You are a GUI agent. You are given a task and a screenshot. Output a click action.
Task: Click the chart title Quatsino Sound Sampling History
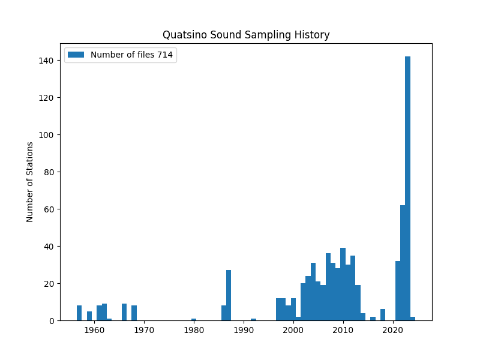coord(246,35)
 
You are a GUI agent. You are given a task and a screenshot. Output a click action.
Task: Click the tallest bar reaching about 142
coord(407,188)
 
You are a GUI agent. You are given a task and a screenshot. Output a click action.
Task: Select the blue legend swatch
coord(76,55)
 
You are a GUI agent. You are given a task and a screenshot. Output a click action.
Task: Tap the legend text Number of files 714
coord(131,55)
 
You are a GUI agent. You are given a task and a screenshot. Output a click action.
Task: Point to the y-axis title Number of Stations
coord(29,182)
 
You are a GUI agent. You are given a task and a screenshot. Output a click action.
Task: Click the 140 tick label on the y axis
coord(46,61)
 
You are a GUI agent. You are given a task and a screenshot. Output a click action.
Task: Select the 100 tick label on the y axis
coord(46,135)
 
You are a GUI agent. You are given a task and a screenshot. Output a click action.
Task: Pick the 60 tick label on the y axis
coord(49,209)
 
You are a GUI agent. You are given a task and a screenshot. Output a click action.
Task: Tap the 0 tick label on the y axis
coord(52,321)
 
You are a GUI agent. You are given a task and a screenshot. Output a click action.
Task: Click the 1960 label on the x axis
coord(94,331)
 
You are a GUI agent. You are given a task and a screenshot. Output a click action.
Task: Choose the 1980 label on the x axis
coord(194,331)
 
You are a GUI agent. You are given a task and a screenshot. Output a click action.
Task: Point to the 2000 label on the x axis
coord(293,331)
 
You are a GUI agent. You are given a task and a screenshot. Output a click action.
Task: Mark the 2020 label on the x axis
coord(393,331)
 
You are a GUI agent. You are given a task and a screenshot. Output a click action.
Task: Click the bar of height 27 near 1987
coord(229,295)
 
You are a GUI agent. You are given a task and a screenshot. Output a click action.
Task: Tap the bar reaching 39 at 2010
coord(343,284)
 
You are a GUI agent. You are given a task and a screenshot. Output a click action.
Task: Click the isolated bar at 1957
coord(79,313)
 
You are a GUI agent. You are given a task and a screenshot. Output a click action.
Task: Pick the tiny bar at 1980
coord(194,320)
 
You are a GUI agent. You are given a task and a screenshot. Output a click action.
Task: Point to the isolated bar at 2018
coord(383,315)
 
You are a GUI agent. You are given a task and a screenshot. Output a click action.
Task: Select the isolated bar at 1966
coord(124,312)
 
